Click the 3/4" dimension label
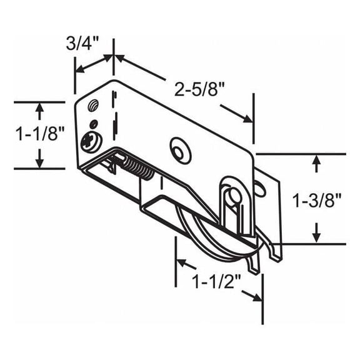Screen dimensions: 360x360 pos(81,44)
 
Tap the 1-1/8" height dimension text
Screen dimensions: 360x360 pos(38,134)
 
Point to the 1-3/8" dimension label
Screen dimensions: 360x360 pos(317,199)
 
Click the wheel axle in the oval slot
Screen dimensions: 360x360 pos(234,196)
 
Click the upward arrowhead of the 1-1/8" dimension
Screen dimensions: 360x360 pos(39,108)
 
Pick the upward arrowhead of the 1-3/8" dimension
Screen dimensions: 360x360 pos(317,161)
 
